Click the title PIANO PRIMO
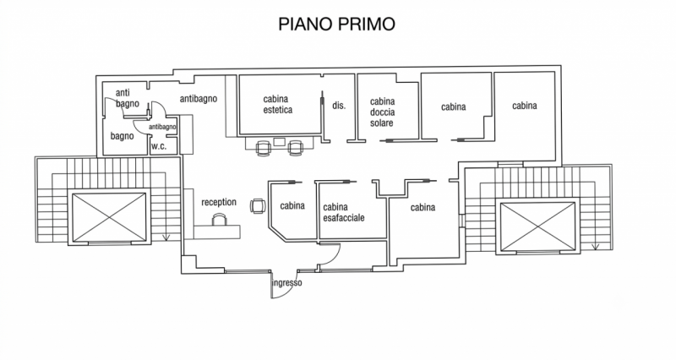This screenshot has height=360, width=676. (x=336, y=24)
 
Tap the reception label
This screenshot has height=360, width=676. (x=219, y=202)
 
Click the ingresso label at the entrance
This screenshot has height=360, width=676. (x=286, y=283)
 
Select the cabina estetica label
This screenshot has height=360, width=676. (x=278, y=105)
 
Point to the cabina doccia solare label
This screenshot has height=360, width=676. (x=383, y=112)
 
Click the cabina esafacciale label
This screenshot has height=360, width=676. (x=344, y=213)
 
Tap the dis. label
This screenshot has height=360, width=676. (x=339, y=105)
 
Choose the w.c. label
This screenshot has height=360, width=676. (x=159, y=146)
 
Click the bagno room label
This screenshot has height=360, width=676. (x=122, y=136)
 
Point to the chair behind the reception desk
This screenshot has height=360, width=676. (x=220, y=221)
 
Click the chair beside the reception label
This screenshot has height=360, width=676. (x=258, y=205)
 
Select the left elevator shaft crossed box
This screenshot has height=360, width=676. (x=110, y=217)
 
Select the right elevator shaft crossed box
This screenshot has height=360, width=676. (x=537, y=226)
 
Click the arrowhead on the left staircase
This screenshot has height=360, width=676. (x=166, y=237)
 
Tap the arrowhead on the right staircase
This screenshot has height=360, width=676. (x=595, y=247)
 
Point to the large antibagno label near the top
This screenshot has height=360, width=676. (x=199, y=99)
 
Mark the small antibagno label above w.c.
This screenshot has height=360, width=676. (x=162, y=127)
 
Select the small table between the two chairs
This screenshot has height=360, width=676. (x=280, y=142)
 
